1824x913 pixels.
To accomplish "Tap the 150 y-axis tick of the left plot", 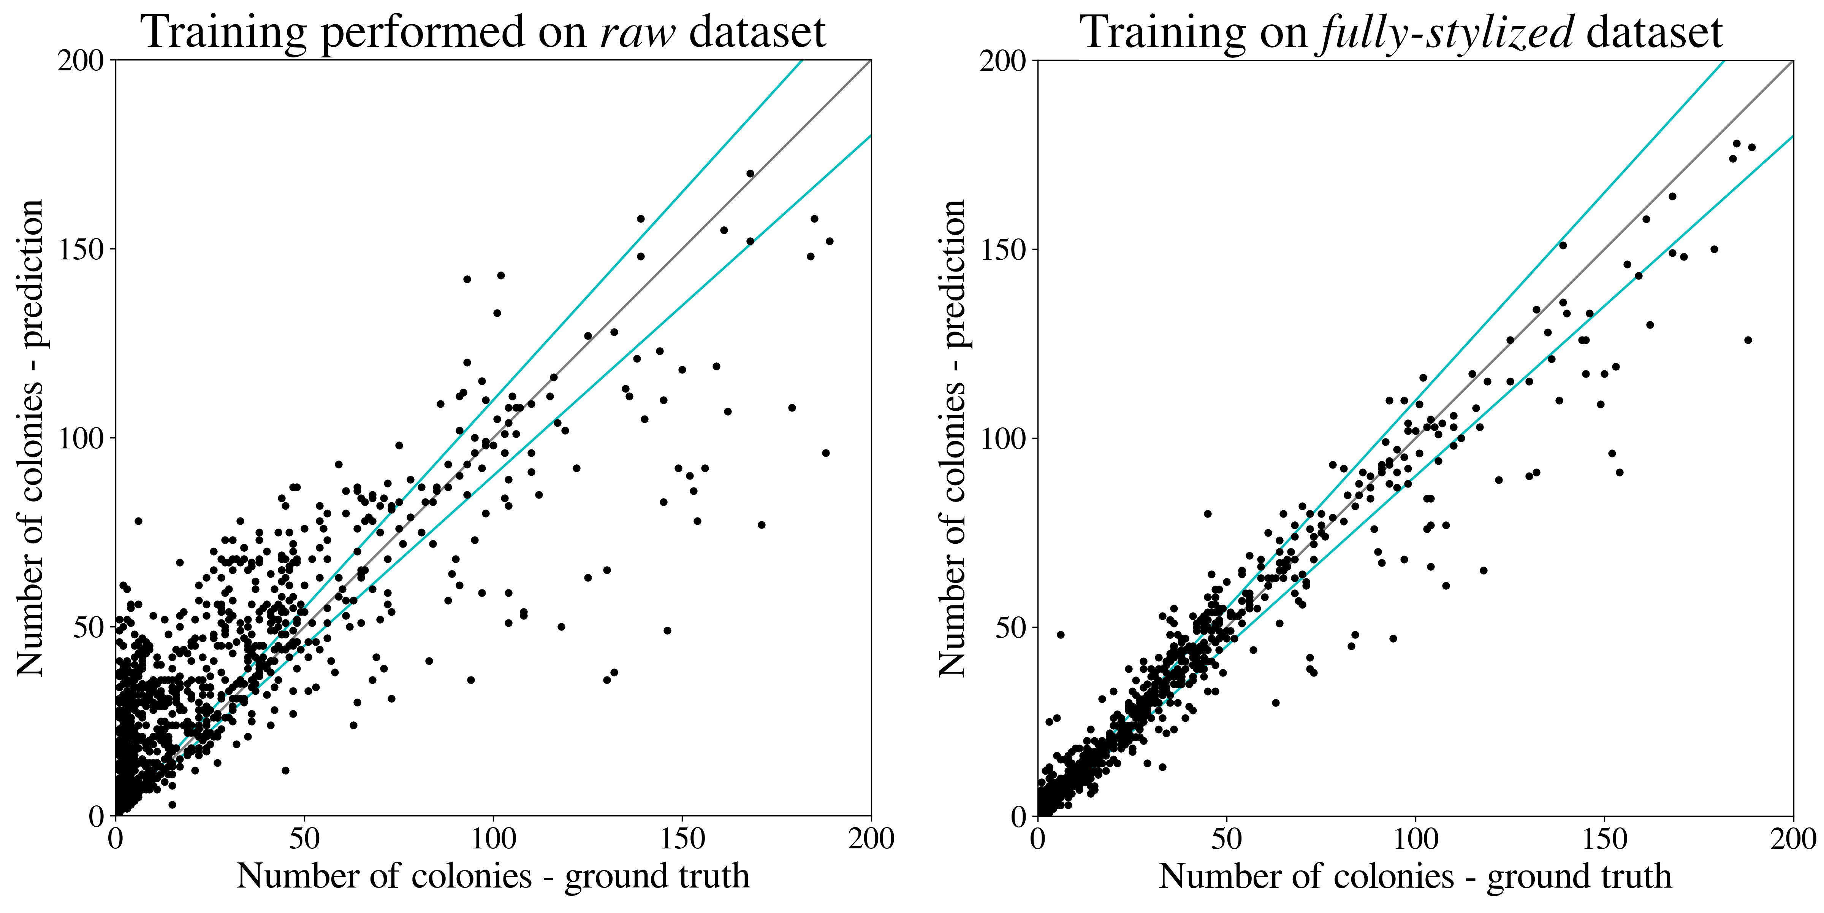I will [x=81, y=249].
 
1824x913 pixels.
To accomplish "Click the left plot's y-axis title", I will [x=30, y=438].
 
